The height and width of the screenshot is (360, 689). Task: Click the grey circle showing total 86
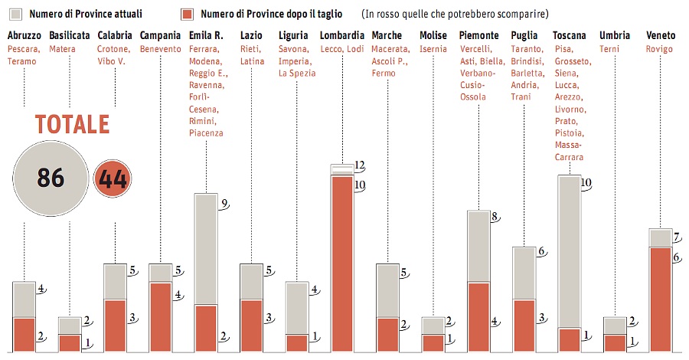click(x=51, y=179)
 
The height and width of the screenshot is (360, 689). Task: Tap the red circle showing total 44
click(x=112, y=180)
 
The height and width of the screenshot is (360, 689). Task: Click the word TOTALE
click(x=72, y=126)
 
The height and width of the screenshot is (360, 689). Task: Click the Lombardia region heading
click(x=341, y=35)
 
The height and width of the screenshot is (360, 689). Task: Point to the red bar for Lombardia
click(x=341, y=264)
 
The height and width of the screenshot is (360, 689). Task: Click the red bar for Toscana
click(x=569, y=340)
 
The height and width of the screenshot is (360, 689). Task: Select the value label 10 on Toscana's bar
click(x=586, y=183)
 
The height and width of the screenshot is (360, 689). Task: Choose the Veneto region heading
click(x=661, y=35)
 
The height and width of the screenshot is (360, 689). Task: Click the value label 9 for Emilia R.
click(x=223, y=203)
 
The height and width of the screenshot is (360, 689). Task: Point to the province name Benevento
click(x=160, y=49)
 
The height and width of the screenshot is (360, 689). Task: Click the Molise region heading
click(x=433, y=35)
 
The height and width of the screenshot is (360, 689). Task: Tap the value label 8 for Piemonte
click(x=495, y=218)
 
